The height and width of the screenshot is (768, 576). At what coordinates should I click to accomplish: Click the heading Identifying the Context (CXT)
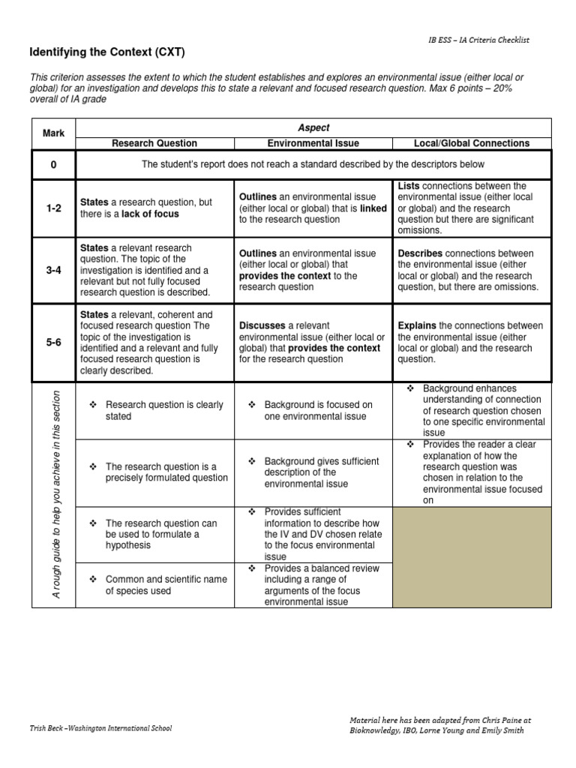[x=106, y=52]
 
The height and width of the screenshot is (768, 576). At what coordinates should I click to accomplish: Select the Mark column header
[x=53, y=133]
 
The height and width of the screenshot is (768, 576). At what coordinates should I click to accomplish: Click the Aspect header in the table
[x=313, y=128]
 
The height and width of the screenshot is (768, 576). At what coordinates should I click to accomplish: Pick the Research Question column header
[x=154, y=143]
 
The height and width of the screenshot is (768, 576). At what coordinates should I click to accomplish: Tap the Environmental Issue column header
[x=313, y=143]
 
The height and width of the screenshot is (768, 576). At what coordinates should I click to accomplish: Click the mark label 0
[x=53, y=164]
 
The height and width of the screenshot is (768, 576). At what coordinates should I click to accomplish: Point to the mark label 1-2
[x=53, y=208]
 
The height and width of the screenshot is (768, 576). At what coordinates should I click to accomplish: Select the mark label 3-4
[x=53, y=270]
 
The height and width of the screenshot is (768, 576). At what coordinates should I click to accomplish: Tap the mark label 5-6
[x=53, y=343]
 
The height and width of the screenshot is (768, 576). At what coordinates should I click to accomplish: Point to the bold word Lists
[x=409, y=185]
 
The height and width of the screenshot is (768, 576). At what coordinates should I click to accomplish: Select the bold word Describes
[x=418, y=253]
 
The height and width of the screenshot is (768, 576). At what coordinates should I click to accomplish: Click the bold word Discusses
[x=262, y=326]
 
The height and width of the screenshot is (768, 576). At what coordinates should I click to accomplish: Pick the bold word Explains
[x=417, y=326]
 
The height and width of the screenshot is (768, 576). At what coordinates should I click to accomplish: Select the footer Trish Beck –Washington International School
[x=100, y=728]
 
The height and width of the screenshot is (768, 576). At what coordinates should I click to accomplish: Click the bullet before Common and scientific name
[x=94, y=579]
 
